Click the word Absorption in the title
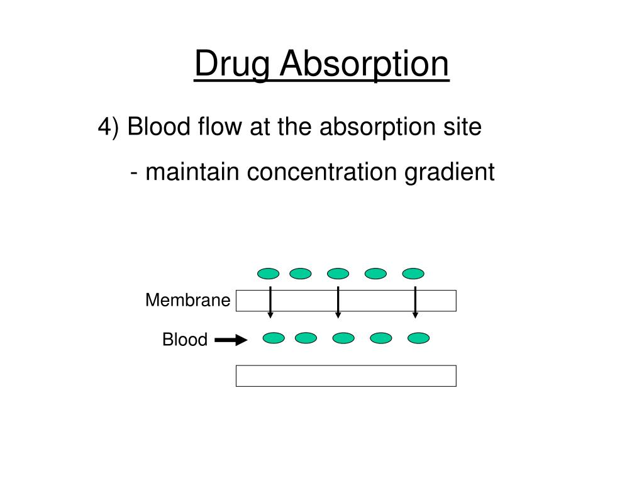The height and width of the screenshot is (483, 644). coord(364,65)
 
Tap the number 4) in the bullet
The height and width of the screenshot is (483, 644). coord(108,128)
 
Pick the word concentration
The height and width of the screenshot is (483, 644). coord(321,172)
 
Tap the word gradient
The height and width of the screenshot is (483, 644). coord(449,172)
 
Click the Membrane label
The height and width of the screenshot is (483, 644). coord(187,301)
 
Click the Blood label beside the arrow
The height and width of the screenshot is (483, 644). coord(185,340)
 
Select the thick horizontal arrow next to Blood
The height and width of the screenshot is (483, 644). coord(231,341)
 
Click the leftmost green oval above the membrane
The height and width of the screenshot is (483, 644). coord(268,274)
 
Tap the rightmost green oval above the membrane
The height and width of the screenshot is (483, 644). coord(413,274)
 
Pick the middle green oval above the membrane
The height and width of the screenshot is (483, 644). coord(338,274)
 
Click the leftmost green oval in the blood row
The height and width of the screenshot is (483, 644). coord(274,338)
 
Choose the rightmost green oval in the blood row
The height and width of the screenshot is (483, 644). coord(418,338)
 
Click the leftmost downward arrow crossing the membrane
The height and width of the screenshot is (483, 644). coord(270,302)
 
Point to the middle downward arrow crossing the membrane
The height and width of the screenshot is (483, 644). coord(338,302)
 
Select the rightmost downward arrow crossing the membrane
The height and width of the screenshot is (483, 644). coord(415,302)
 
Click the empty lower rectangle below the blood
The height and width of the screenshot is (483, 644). coord(346,375)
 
